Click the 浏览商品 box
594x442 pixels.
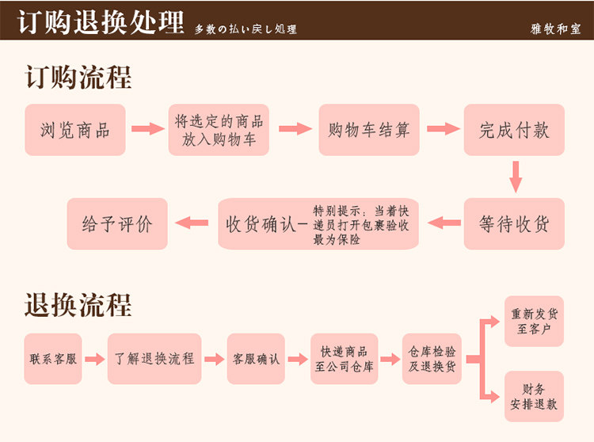coord(75,130)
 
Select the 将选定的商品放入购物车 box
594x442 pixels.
coord(219,130)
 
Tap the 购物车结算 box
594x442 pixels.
coord(369,130)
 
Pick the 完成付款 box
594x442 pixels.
coord(514,130)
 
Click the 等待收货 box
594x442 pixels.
coord(514,223)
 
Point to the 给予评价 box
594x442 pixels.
coord(117,223)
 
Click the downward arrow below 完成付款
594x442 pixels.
coord(516,177)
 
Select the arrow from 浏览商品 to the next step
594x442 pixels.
coord(147,129)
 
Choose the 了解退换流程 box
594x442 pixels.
coord(154,359)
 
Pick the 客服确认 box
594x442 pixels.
coord(256,359)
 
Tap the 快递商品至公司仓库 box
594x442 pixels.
coord(344,359)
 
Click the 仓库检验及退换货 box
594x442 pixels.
coord(432,359)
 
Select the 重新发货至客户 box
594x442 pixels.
coord(534,321)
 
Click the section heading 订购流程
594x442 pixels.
coord(78,78)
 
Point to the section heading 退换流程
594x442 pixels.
coord(78,305)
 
